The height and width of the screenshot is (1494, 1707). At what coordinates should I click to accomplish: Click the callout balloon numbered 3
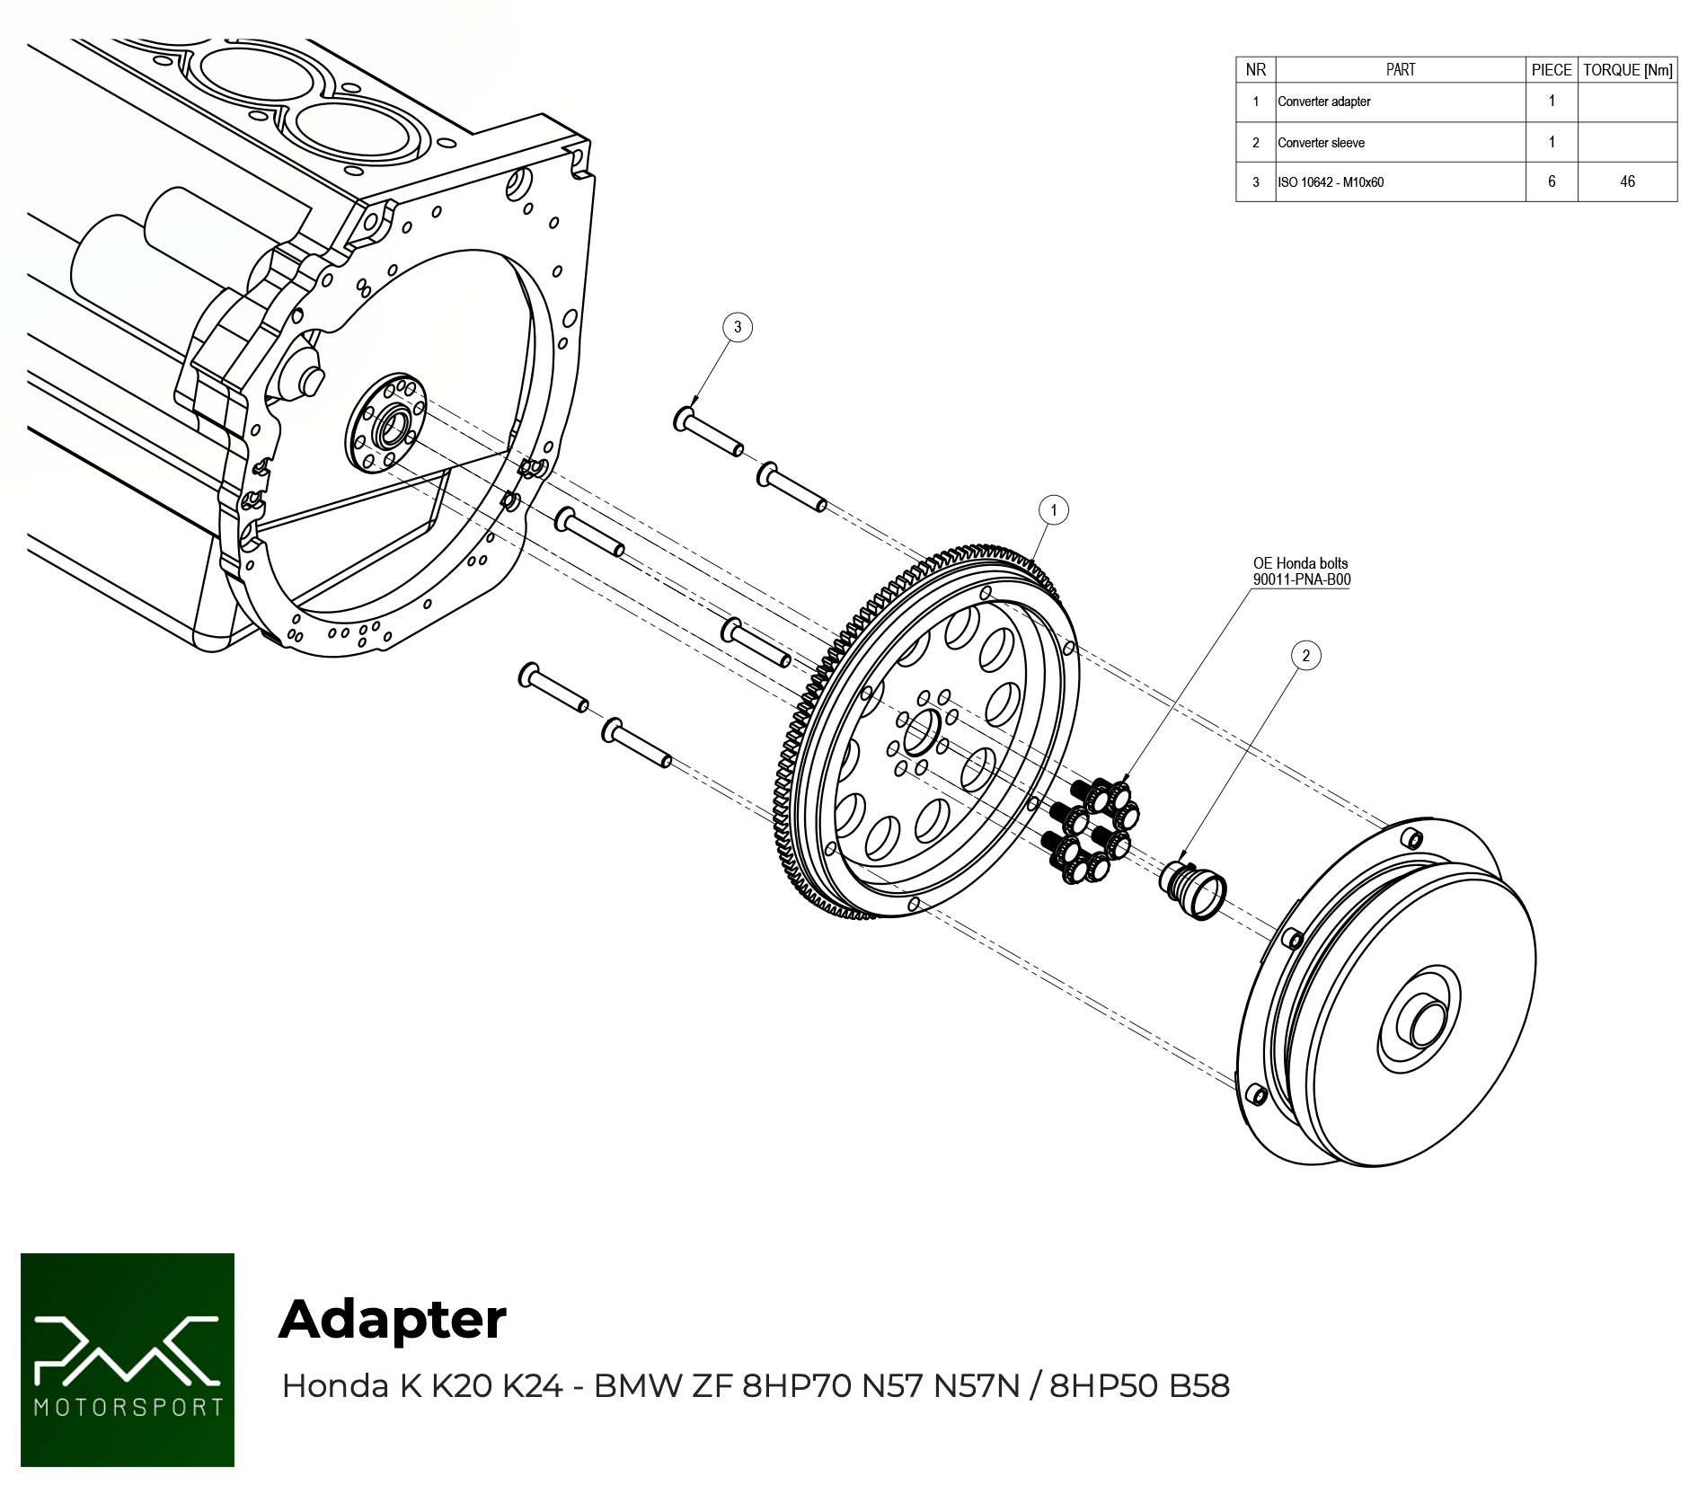pos(738,327)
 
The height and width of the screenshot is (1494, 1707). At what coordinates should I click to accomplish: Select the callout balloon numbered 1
pos(1054,510)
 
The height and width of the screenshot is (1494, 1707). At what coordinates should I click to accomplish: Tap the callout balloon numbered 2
pos(1306,656)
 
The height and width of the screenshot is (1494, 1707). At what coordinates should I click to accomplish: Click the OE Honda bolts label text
pos(1300,563)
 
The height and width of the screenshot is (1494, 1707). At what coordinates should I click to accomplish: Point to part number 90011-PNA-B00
pos(1302,579)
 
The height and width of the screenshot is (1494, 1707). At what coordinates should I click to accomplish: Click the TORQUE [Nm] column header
pos(1627,70)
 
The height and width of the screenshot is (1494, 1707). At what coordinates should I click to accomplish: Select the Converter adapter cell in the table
pos(1324,102)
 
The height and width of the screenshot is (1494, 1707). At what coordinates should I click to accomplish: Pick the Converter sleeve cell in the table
pos(1321,143)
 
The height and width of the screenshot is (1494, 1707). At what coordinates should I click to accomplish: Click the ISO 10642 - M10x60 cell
pos(1331,182)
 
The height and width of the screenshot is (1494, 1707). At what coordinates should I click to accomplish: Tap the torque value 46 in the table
pos(1627,181)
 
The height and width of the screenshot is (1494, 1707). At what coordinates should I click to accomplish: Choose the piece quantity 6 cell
pos(1552,181)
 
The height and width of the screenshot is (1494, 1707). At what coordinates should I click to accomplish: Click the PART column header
pos(1400,70)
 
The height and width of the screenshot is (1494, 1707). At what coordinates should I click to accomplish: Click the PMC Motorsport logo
pos(128,1359)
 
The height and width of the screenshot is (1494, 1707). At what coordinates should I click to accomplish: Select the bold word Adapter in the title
pos(393,1319)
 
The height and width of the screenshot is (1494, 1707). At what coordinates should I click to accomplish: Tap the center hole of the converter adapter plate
pos(921,732)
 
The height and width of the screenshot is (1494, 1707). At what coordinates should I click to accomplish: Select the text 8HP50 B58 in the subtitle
pos(1139,1386)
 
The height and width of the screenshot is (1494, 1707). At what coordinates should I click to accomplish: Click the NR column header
pos(1255,70)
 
